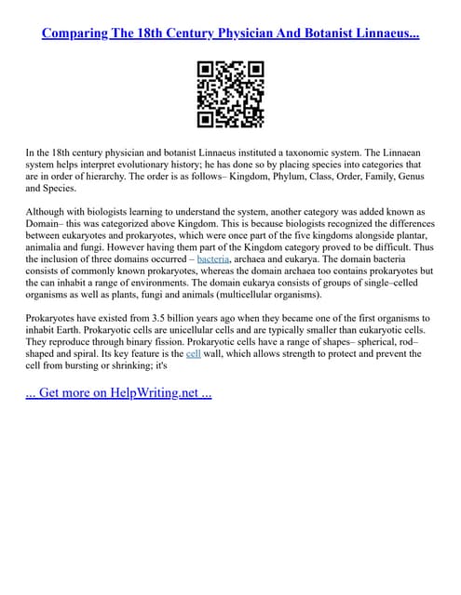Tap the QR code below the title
click(x=231, y=94)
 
